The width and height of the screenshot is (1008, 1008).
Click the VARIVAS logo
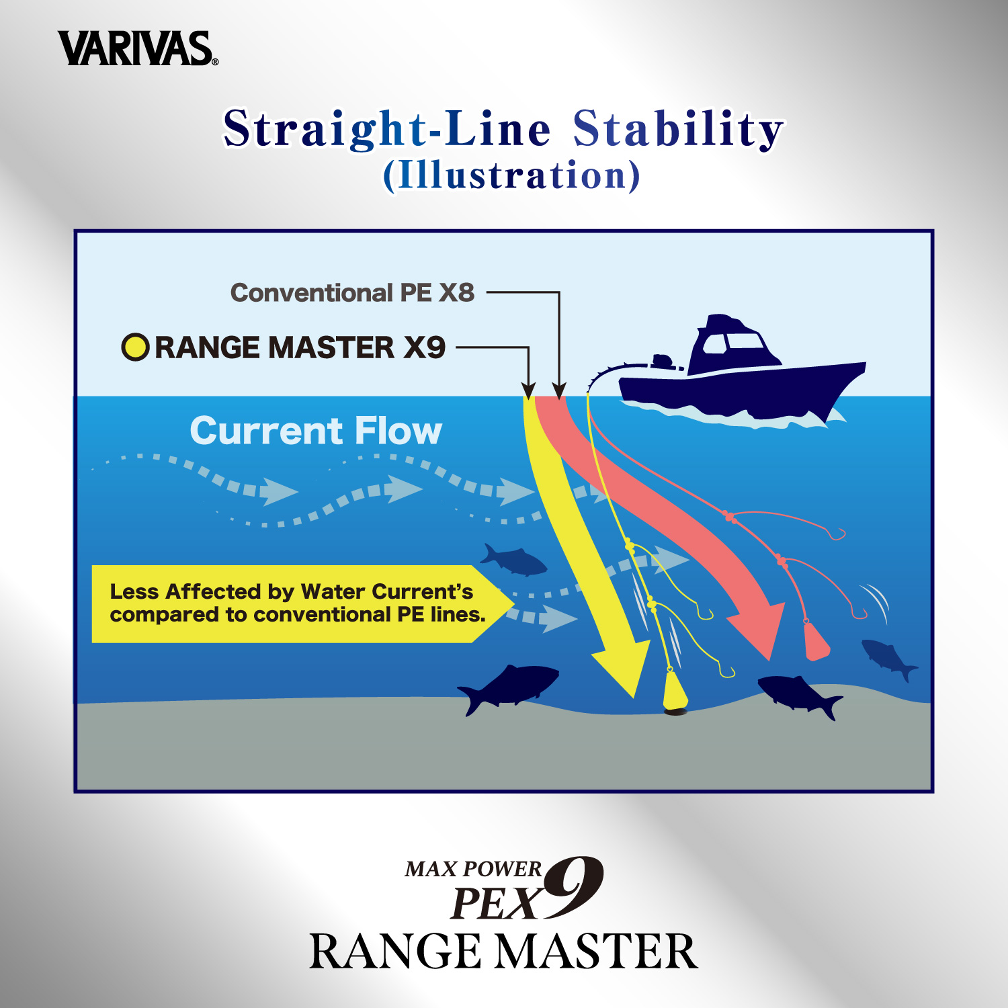(x=138, y=48)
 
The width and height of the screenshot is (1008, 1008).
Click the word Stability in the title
(x=678, y=128)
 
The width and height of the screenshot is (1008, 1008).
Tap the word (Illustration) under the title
(x=511, y=175)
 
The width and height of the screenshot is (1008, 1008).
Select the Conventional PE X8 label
(x=352, y=293)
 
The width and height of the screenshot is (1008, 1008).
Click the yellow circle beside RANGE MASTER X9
(x=135, y=347)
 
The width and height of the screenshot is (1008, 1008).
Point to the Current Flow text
(x=316, y=431)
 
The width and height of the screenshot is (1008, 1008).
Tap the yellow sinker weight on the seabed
(x=675, y=689)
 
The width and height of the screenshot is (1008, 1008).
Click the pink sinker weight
(x=816, y=642)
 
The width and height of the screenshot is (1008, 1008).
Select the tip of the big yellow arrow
(x=634, y=697)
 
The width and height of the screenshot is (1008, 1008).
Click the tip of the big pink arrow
(x=770, y=659)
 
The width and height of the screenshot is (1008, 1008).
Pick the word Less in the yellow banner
(x=134, y=591)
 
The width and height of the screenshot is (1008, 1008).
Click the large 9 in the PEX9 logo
(x=573, y=887)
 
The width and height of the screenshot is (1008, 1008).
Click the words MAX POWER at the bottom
(x=473, y=869)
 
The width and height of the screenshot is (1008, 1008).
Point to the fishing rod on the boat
(x=618, y=372)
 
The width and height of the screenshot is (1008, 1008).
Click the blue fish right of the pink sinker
(x=888, y=658)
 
